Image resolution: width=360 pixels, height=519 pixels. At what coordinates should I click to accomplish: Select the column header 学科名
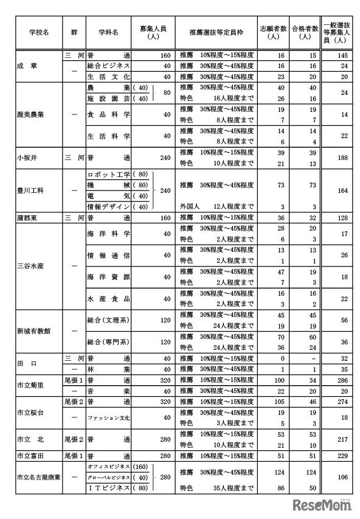pyautogui.click(x=108, y=30)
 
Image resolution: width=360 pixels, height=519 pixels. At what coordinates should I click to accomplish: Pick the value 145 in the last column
pyautogui.click(x=344, y=55)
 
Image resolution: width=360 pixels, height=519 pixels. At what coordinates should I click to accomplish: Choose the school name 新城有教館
pyautogui.click(x=32, y=330)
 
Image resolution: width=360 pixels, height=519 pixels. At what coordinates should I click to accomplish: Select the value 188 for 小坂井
pyautogui.click(x=344, y=158)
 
